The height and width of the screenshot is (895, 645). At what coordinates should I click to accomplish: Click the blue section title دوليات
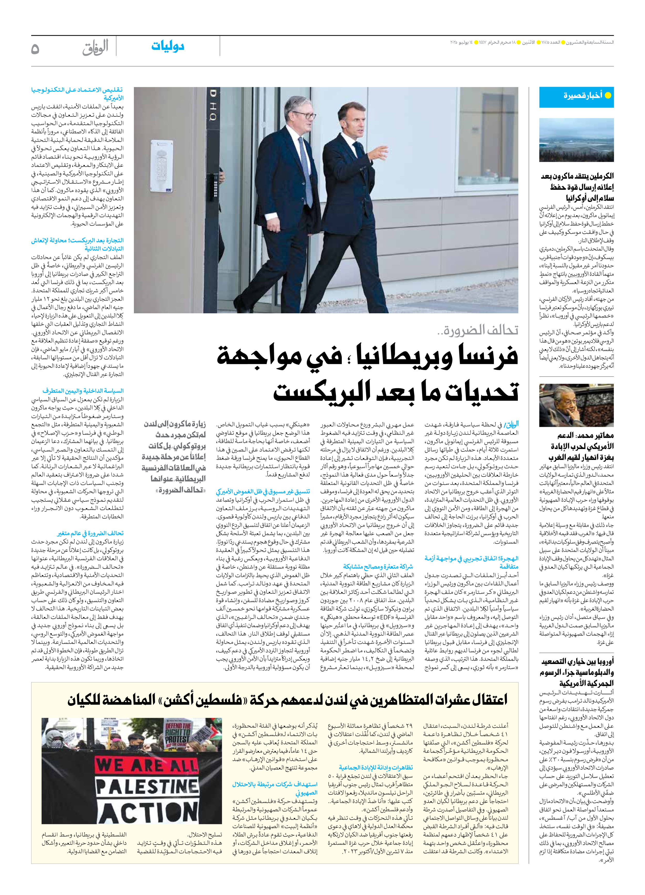pyautogui.click(x=168, y=46)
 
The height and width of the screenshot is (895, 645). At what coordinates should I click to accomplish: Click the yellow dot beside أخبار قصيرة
pyautogui.click(x=608, y=95)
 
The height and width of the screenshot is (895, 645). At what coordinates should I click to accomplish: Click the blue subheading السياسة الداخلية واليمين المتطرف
pyautogui.click(x=83, y=391)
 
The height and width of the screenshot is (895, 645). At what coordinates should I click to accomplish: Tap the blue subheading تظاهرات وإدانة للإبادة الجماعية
pyautogui.click(x=376, y=767)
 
